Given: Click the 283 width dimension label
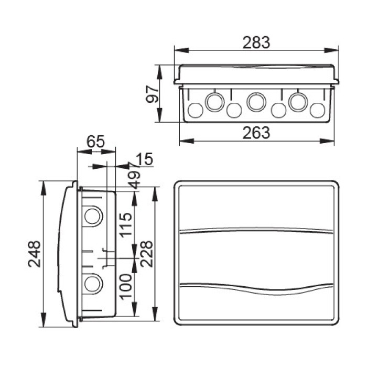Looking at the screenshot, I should (256, 42).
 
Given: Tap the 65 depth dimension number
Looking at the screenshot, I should (95, 141).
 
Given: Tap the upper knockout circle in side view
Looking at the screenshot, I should (93, 215).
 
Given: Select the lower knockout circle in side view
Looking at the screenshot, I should (93, 284).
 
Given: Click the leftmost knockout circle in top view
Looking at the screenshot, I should (195, 110).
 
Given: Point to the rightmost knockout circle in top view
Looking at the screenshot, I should (317, 110).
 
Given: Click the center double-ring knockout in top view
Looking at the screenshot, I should (256, 101).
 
